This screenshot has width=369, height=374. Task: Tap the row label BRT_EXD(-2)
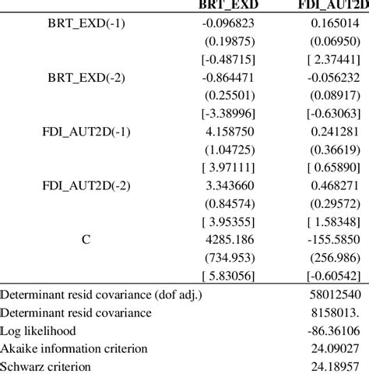pos(86,79)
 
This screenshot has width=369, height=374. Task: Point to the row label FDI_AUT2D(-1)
pos(86,132)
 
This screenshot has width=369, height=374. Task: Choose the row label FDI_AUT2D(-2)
pos(86,185)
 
